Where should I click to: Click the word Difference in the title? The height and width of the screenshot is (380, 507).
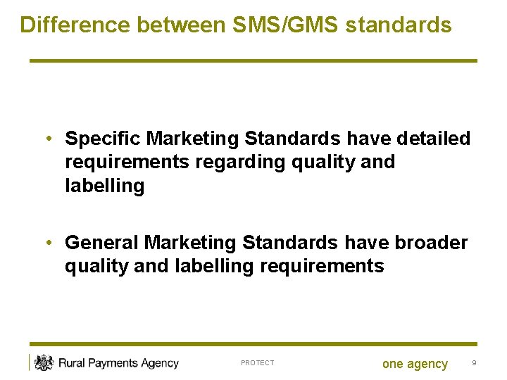75,25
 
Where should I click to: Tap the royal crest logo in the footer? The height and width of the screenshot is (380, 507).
44,362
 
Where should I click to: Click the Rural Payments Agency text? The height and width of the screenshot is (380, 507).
118,363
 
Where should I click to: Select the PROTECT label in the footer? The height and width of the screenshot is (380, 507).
257,363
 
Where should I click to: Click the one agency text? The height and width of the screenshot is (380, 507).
415,364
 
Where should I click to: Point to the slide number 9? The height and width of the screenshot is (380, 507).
474,363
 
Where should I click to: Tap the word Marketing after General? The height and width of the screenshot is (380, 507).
190,243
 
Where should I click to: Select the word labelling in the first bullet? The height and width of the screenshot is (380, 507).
104,186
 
